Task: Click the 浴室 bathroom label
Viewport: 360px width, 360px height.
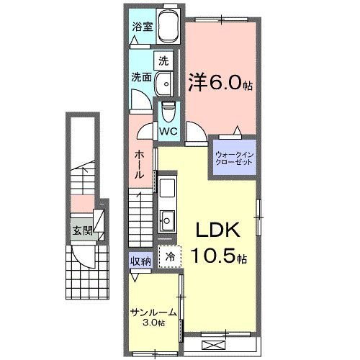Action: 143,27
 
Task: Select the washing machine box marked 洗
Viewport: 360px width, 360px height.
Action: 163,61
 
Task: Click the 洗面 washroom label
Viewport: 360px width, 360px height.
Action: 141,77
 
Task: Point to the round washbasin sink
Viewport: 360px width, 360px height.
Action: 164,84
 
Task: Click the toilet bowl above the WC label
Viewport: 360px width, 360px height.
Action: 168,112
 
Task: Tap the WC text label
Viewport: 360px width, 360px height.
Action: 168,132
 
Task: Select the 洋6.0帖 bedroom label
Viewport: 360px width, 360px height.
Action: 220,82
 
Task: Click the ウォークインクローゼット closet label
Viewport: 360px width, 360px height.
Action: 234,158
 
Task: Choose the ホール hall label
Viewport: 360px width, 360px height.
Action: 140,164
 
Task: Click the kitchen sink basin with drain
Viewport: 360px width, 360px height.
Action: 167,220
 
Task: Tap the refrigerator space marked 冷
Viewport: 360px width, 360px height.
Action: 170,256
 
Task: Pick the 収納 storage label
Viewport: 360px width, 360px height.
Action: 140,261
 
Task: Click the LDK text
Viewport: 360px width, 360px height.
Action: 218,230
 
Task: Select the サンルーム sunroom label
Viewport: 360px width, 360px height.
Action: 153,312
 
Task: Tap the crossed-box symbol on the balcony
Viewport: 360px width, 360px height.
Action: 214,345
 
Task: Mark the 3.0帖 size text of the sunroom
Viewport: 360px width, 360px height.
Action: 154,323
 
